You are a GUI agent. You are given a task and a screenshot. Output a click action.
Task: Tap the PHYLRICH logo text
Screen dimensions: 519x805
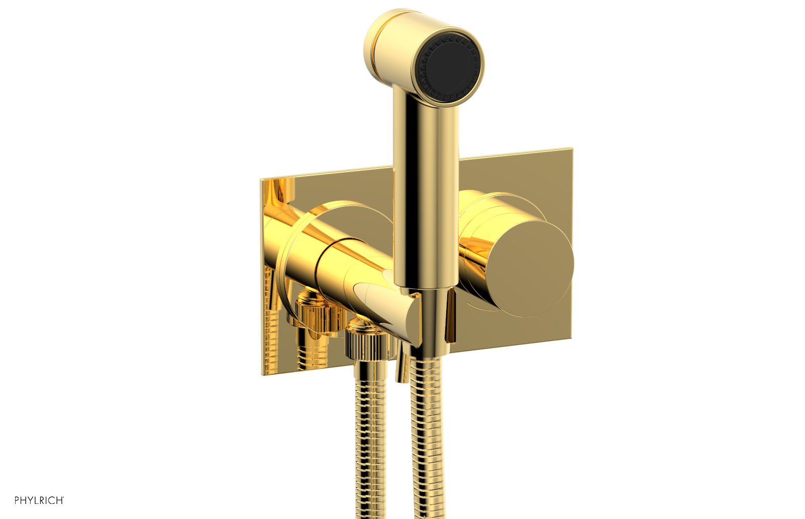(x=39, y=500)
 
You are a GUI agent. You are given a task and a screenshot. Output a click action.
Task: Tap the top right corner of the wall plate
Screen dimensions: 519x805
(x=570, y=149)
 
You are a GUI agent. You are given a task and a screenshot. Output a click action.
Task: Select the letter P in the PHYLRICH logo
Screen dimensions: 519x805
(x=17, y=500)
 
